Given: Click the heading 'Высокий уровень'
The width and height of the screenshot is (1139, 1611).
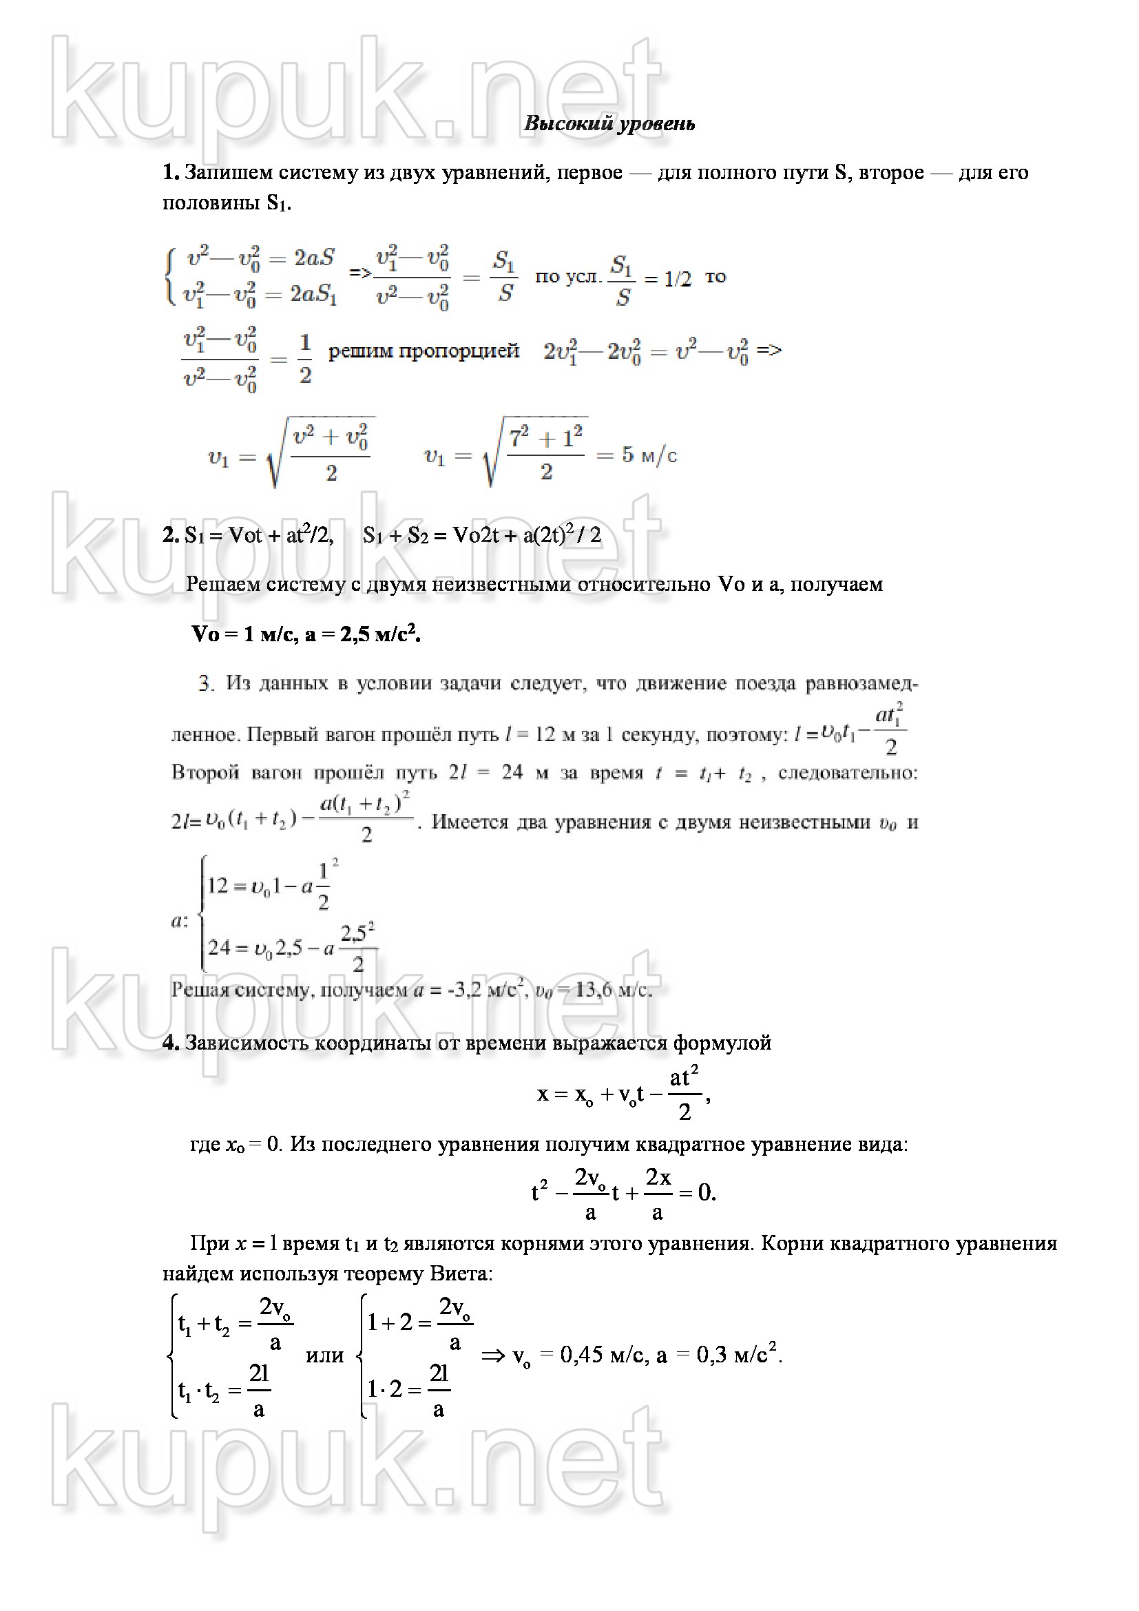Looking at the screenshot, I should coord(609,124).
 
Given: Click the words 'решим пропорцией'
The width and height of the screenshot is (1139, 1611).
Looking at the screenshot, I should coord(424,350).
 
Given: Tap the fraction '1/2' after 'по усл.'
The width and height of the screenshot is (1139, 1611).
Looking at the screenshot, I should coord(678,279).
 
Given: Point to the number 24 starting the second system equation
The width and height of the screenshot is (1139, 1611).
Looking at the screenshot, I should coord(219,948).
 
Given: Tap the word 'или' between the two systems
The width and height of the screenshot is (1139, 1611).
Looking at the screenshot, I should coord(325,1355).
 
